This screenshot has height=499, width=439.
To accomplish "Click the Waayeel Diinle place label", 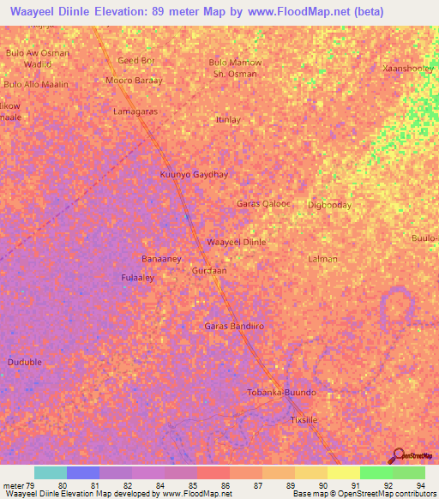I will [237, 243].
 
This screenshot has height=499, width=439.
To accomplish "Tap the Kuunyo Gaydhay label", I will [194, 174].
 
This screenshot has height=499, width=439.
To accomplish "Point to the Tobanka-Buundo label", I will [281, 393].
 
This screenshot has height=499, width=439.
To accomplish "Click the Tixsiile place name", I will [304, 420].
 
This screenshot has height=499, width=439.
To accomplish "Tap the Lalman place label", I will [322, 259].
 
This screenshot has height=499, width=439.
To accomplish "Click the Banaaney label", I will [161, 258].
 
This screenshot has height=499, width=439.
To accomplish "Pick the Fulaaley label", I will [137, 278].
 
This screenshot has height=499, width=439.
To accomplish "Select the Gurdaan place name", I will [208, 270].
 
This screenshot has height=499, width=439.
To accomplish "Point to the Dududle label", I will [25, 363].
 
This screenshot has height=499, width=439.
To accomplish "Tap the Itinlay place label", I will [228, 120].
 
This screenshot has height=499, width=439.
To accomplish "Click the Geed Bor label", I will [135, 61].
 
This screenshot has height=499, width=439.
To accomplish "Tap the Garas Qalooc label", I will [263, 204].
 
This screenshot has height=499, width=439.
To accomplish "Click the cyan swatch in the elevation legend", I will [51, 472].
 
